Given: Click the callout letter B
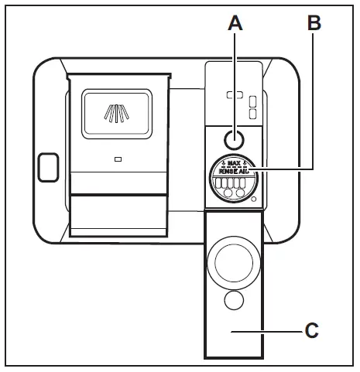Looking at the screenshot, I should click(314, 23).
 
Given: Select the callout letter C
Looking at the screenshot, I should click(310, 331).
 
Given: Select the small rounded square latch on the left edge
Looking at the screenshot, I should click(46, 165).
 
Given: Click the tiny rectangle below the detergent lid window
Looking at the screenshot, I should click(117, 159).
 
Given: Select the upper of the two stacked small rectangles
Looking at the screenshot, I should click(252, 98).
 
